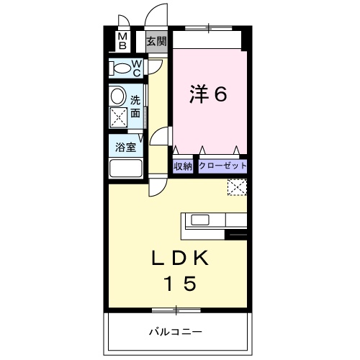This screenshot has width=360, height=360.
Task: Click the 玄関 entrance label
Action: (156, 41)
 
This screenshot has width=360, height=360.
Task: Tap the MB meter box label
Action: (122, 40)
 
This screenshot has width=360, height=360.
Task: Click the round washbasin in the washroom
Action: (117, 95)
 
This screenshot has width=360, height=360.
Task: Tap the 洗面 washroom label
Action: (135, 106)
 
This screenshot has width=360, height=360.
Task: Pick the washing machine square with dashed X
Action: (118, 117)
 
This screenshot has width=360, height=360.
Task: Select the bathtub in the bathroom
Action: (126, 171)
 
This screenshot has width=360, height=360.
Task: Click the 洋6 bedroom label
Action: (209, 94)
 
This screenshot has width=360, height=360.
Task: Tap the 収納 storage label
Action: (183, 166)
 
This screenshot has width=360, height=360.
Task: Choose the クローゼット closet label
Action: (222, 166)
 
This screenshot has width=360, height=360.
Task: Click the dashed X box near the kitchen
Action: (236, 187)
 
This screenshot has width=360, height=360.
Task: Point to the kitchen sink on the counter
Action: (199, 220)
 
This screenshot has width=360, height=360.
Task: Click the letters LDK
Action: (180, 257)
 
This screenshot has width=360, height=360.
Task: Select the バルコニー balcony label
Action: (175, 333)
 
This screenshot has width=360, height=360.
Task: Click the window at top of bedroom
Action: (210, 30)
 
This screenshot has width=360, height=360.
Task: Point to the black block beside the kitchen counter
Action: (237, 233)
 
